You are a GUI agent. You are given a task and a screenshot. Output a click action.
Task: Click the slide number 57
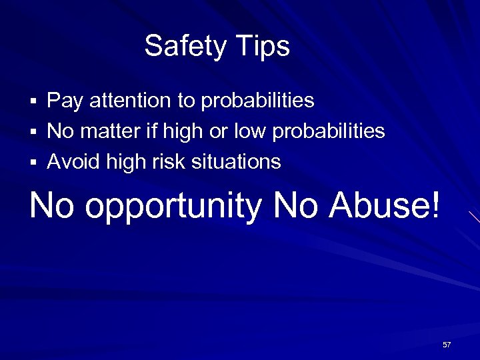447,345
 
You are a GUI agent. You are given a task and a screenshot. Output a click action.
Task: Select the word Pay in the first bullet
64,101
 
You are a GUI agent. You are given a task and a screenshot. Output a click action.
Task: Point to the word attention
130,101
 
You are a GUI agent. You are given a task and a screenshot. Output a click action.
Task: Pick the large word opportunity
174,207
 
